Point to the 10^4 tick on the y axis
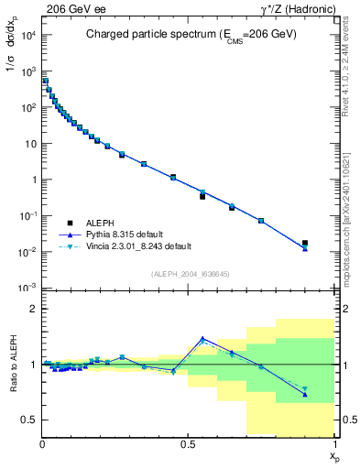[27, 35]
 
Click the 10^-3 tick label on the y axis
[27, 288]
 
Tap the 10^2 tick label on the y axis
[27, 107]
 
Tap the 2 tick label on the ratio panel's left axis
[33, 309]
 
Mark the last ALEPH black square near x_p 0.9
[305, 244]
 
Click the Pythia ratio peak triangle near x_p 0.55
[202, 339]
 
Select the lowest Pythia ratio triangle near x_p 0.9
[305, 395]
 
